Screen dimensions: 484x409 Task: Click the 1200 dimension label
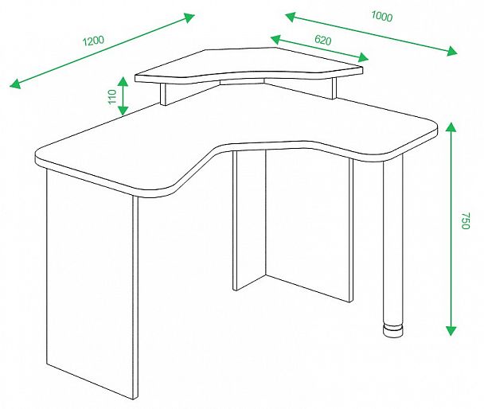[x=93, y=41]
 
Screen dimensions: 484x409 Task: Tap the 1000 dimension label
[x=382, y=17]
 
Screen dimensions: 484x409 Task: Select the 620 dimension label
[x=323, y=40]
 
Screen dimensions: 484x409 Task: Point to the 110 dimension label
[x=112, y=96]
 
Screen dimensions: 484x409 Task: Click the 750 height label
[x=465, y=220]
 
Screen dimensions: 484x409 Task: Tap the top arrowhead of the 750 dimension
[x=451, y=127]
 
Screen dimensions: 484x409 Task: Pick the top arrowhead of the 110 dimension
[x=123, y=81]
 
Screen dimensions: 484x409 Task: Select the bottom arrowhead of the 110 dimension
[x=123, y=111]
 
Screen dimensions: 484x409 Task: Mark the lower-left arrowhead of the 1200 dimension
[x=15, y=84]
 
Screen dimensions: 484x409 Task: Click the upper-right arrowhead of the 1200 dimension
[x=189, y=18]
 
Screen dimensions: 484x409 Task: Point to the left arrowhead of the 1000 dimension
[x=291, y=17]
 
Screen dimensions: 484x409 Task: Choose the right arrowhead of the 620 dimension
[x=363, y=57]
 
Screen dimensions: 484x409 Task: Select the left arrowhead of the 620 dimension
[x=275, y=39]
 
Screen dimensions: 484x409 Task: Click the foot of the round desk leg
[x=393, y=331]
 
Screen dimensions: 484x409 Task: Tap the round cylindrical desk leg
[x=393, y=240]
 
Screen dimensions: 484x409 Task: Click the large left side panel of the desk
[x=89, y=281]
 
